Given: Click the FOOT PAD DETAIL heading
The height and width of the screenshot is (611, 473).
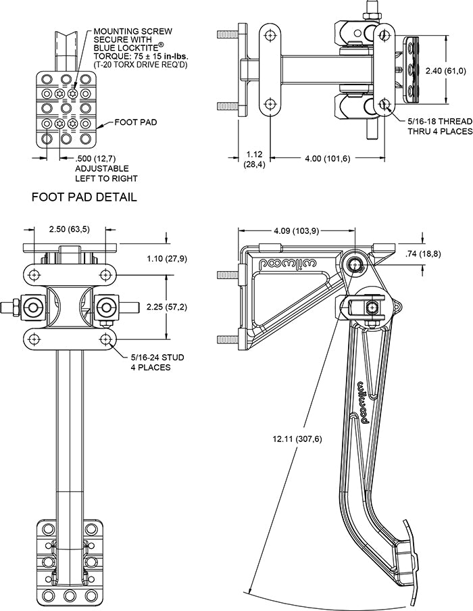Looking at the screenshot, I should click(x=84, y=197).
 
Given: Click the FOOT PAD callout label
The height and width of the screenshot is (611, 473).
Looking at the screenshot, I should click(x=136, y=123).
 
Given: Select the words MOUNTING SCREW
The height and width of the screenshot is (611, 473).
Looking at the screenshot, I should click(x=132, y=31).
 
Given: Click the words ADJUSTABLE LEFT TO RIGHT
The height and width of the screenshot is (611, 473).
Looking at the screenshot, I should click(x=106, y=173).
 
